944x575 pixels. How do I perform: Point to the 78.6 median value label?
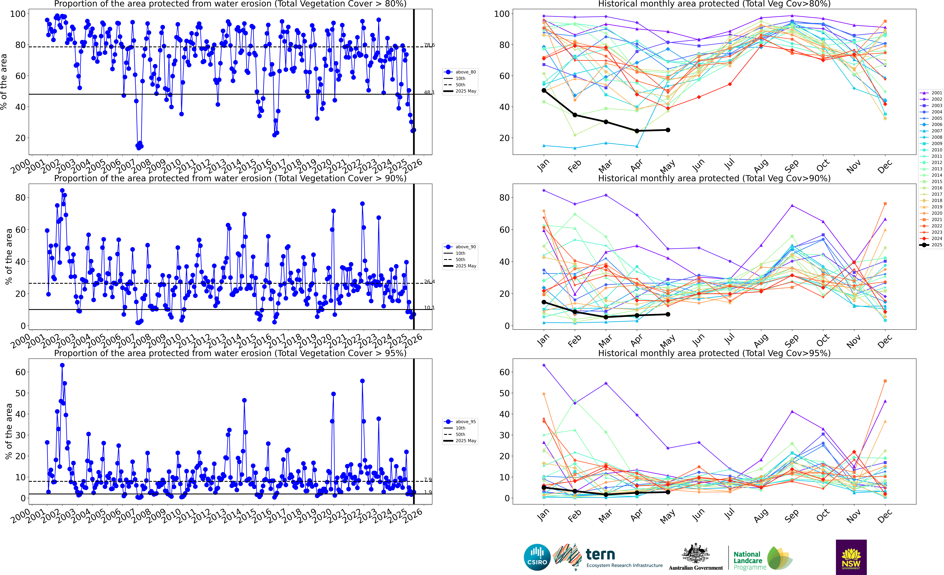429,45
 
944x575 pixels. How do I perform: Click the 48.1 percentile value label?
429,92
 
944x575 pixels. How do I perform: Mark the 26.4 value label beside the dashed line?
429,282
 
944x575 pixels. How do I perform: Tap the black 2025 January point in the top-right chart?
544,91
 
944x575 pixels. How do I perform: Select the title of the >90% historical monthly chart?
714,178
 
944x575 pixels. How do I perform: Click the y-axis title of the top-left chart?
4,82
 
